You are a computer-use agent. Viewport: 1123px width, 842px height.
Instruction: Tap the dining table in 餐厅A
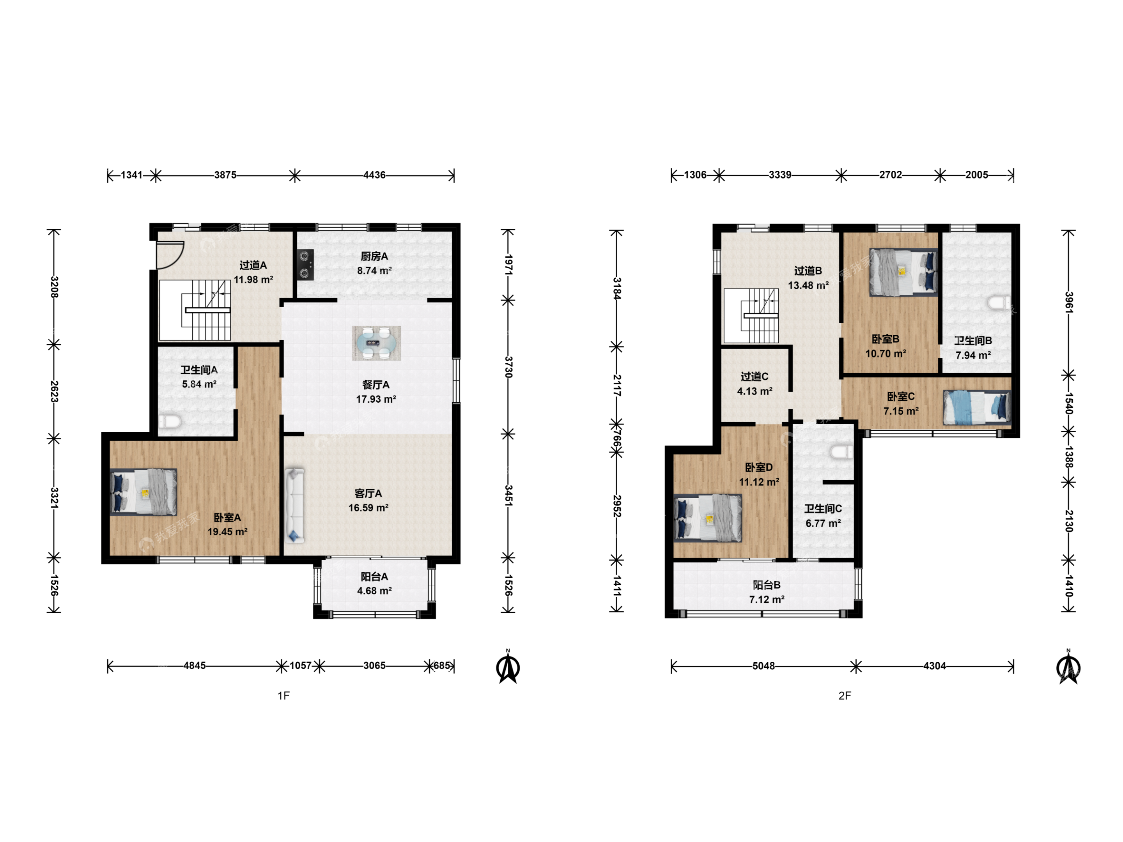point(376,343)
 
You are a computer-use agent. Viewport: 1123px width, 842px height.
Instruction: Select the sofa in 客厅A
point(294,506)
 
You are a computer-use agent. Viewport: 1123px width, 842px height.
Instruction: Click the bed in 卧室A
point(143,492)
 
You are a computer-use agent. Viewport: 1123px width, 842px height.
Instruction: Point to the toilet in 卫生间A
point(170,422)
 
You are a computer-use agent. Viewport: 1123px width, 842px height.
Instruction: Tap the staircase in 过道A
point(195,310)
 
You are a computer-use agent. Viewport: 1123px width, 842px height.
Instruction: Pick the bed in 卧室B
point(903,272)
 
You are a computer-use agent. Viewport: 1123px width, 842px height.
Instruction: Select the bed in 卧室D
point(708,518)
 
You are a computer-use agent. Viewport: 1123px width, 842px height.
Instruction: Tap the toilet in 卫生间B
point(999,303)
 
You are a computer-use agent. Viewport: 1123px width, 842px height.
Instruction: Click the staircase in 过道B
point(751,316)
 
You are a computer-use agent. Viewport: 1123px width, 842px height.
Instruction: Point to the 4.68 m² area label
point(374,591)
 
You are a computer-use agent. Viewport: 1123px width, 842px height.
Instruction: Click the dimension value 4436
point(374,175)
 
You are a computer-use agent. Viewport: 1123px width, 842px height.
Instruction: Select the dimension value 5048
point(763,666)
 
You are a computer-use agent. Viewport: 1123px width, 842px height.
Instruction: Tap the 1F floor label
point(284,695)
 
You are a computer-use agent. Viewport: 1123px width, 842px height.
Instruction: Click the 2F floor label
point(845,695)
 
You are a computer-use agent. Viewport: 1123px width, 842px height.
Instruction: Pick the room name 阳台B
point(767,585)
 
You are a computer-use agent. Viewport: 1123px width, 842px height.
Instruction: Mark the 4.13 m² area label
point(755,391)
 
